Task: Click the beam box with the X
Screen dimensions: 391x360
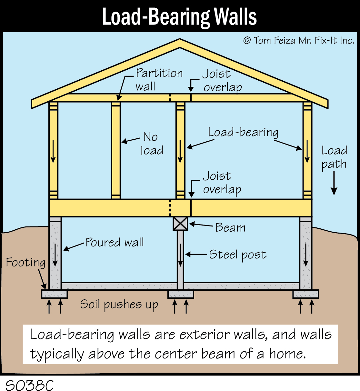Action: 180,223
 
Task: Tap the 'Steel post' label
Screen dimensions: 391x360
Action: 238,255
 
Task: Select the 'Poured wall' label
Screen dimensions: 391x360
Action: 115,242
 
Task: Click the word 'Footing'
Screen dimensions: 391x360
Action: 25,262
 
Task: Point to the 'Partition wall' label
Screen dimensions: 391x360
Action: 159,80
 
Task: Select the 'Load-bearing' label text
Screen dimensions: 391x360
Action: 243,133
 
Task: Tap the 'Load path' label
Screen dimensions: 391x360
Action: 334,157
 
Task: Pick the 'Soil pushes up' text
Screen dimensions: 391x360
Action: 119,304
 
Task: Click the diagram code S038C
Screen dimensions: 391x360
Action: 30,385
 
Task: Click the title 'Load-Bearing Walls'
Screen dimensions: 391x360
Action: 179,17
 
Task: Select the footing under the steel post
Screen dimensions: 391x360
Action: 181,294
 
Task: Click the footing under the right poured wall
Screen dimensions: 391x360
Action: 305,294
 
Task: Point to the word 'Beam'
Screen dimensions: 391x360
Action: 230,227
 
